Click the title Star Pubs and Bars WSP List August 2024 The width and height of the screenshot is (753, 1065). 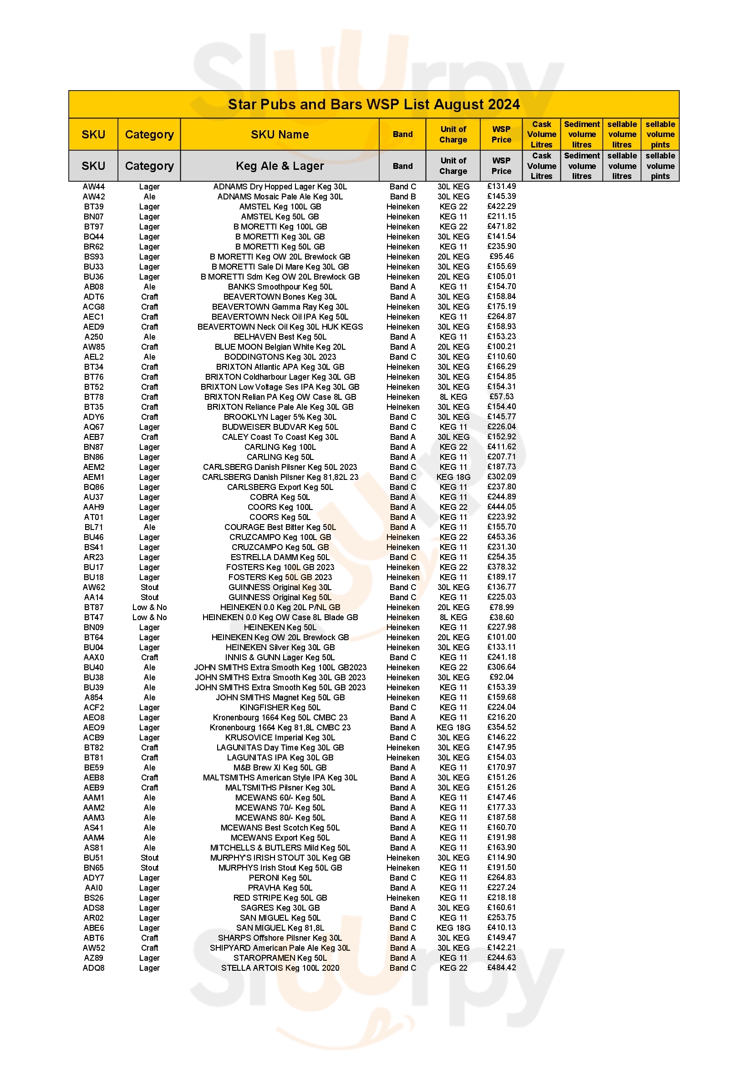(x=373, y=104)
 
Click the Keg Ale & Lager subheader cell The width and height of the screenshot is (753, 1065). (x=280, y=166)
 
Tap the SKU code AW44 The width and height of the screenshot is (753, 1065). (x=94, y=187)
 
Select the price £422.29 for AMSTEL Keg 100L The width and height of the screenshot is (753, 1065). (x=501, y=206)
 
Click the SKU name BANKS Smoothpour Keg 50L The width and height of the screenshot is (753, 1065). (x=280, y=287)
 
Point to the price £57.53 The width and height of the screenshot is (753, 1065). (x=501, y=397)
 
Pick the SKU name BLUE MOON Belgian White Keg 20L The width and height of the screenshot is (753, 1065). (x=280, y=347)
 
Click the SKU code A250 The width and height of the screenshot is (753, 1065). (x=94, y=337)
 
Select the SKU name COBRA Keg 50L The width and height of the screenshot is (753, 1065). (x=280, y=497)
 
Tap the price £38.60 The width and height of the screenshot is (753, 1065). (x=501, y=617)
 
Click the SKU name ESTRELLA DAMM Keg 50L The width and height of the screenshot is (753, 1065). (x=280, y=557)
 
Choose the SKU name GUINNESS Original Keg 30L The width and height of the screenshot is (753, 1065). (x=280, y=587)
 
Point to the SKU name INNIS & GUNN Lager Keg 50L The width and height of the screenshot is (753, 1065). (x=280, y=657)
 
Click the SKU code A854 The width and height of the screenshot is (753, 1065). (x=94, y=698)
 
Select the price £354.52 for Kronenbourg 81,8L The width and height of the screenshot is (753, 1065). (x=501, y=727)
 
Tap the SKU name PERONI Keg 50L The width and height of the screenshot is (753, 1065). (x=280, y=877)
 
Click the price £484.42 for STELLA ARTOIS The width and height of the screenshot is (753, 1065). (x=501, y=968)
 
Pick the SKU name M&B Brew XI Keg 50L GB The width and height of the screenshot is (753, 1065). (x=280, y=768)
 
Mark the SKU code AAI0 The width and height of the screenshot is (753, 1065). (x=94, y=888)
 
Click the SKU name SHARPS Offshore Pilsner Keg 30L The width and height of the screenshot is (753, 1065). (x=280, y=938)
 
